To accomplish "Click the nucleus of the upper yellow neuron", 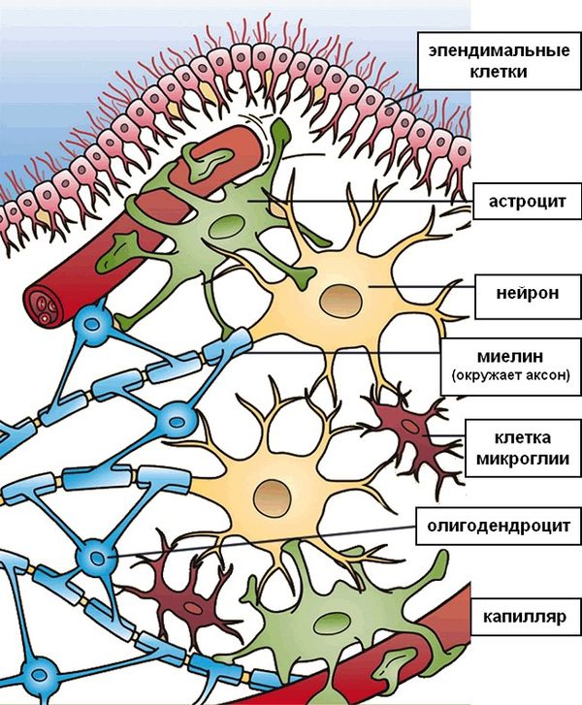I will [x=339, y=298].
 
